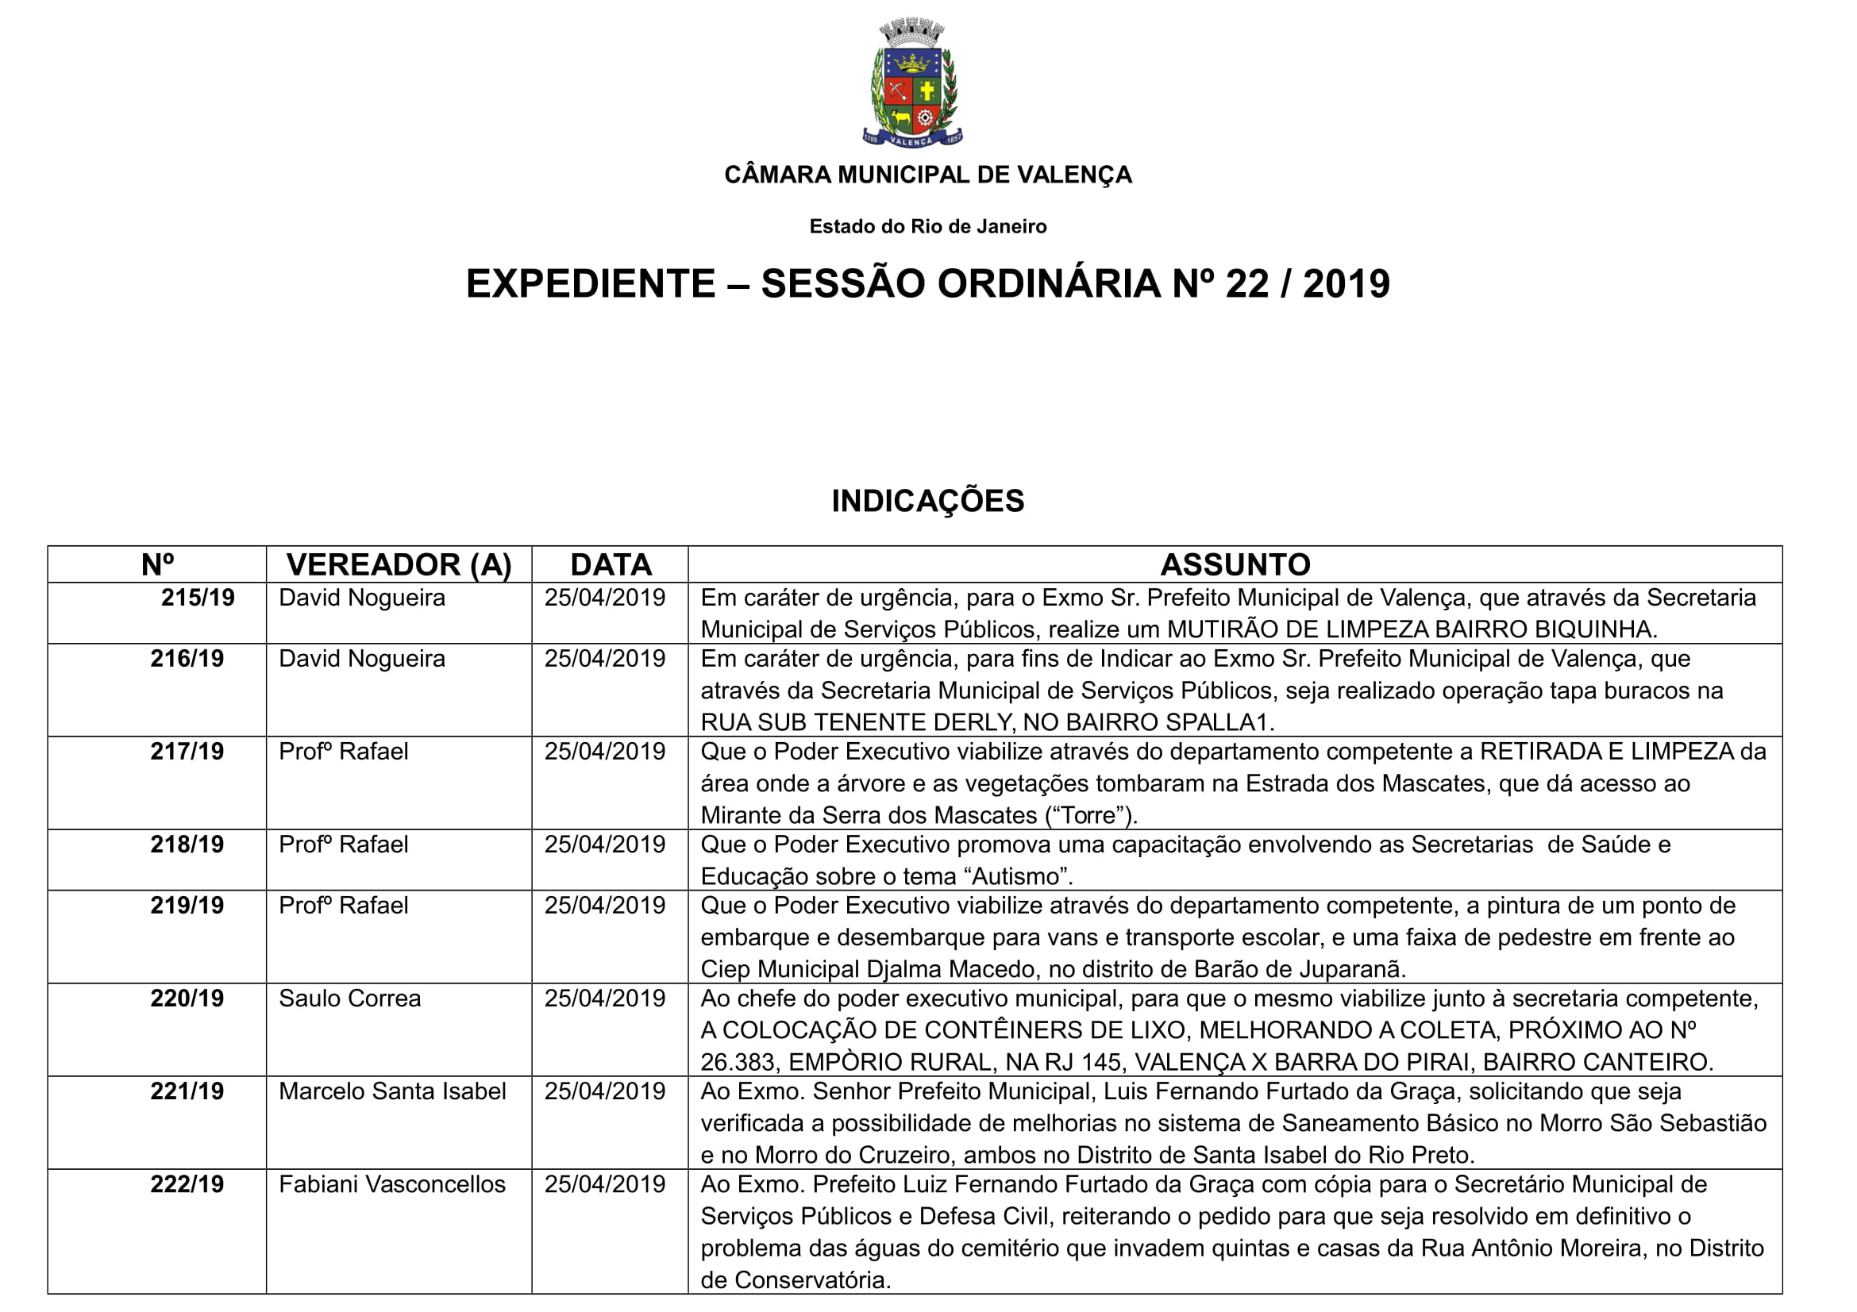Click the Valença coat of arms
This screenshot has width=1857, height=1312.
(912, 84)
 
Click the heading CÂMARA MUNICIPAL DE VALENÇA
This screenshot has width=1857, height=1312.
(927, 175)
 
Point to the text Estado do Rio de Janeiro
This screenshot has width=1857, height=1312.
(927, 226)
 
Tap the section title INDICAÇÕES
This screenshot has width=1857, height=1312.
(927, 501)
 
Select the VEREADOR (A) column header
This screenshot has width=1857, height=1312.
(399, 564)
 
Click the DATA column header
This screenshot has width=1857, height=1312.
(611, 564)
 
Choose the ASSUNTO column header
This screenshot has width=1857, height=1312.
(1235, 564)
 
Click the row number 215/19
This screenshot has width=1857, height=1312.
(198, 598)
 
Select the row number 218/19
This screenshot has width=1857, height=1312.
(187, 845)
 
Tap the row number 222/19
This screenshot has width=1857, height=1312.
(187, 1184)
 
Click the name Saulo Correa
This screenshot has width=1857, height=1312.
(349, 998)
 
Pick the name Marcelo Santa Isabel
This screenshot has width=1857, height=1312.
(392, 1091)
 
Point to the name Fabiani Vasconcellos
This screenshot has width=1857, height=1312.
(392, 1184)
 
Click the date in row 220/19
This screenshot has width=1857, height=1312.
(605, 998)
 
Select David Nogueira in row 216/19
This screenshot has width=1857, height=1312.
(361, 659)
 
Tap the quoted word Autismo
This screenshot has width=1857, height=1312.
(1023, 876)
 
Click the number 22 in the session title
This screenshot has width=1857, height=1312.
(1247, 283)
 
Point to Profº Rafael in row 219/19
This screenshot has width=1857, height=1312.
(343, 906)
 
